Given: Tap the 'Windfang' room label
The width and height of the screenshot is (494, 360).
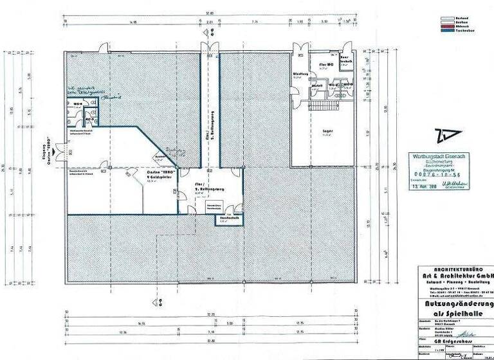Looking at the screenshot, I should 300,74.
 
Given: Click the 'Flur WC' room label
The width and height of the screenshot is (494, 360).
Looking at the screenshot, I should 325,65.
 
